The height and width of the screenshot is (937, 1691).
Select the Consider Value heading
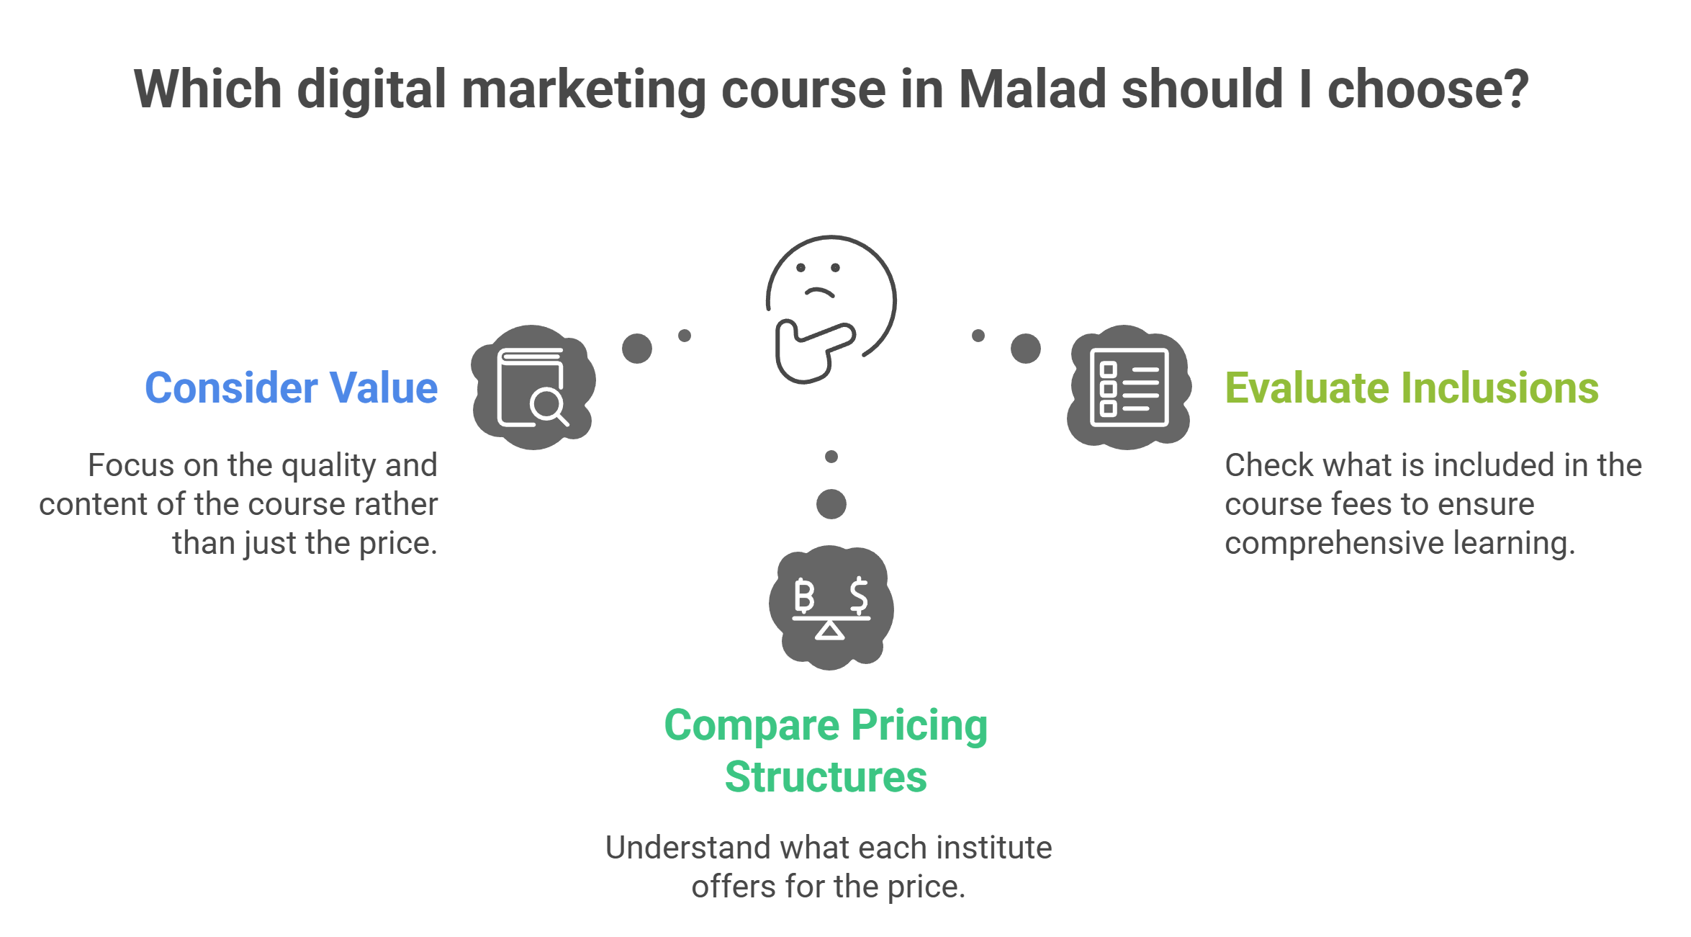[x=291, y=388]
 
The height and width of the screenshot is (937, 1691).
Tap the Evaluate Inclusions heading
[x=1412, y=388]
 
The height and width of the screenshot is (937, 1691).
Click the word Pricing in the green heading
[x=919, y=725]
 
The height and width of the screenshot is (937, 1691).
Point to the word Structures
[x=826, y=777]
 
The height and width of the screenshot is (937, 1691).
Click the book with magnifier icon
[x=533, y=387]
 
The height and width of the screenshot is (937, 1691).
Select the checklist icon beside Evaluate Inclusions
[x=1129, y=387]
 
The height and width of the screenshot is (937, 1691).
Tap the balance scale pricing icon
[x=831, y=608]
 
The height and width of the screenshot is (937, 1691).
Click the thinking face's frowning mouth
[x=819, y=292]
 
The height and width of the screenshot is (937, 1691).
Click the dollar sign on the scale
[x=858, y=596]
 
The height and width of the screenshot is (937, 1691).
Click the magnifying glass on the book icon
[x=549, y=405]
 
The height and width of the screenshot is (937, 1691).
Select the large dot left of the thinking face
[x=637, y=349]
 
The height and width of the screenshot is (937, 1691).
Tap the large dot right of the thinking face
[x=1026, y=349]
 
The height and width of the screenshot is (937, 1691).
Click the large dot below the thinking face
[x=831, y=504]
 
